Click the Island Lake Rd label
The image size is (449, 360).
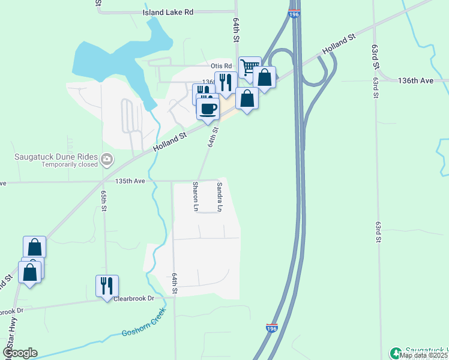[x=169, y=12]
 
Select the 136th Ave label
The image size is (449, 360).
[x=415, y=80]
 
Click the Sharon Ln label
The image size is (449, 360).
[x=196, y=197]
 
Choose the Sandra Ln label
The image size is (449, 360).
[x=220, y=197]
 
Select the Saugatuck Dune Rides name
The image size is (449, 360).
[x=55, y=158]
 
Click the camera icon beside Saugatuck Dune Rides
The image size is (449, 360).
[x=107, y=159]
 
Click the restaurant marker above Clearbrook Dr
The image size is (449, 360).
[x=107, y=285]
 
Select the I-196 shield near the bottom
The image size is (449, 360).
[x=271, y=327]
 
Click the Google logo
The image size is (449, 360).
[x=20, y=352]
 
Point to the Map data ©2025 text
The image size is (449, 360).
[x=424, y=355]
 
